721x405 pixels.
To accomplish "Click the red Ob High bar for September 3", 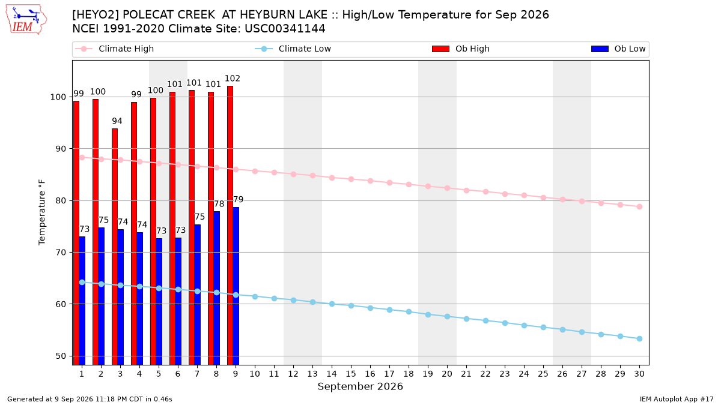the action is tap(115, 247).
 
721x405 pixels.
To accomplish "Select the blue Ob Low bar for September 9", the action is tap(236, 286).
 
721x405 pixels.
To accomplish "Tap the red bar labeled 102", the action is tap(230, 226).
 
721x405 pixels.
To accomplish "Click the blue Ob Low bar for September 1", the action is tap(82, 301).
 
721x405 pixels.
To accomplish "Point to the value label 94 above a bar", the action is tap(117, 121).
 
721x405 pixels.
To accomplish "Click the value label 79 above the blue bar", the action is tap(238, 200).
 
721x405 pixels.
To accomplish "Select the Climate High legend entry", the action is tap(114, 49).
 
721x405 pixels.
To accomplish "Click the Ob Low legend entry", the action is tap(618, 49).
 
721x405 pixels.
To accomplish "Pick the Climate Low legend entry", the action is tap(293, 49).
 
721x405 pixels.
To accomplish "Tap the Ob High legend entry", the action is tap(461, 49).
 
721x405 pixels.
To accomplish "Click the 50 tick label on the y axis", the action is tap(61, 356).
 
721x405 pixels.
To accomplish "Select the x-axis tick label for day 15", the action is tap(351, 374).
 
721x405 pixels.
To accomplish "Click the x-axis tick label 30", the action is tap(639, 374).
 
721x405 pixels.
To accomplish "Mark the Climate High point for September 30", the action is tap(639, 206).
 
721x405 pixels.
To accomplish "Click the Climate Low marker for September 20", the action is tap(447, 317).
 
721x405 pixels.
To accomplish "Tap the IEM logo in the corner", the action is tap(26, 20).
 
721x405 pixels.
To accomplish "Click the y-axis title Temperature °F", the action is tap(42, 212).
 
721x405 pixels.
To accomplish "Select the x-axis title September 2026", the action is tap(360, 386).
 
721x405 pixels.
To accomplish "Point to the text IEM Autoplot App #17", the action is tap(677, 399).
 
